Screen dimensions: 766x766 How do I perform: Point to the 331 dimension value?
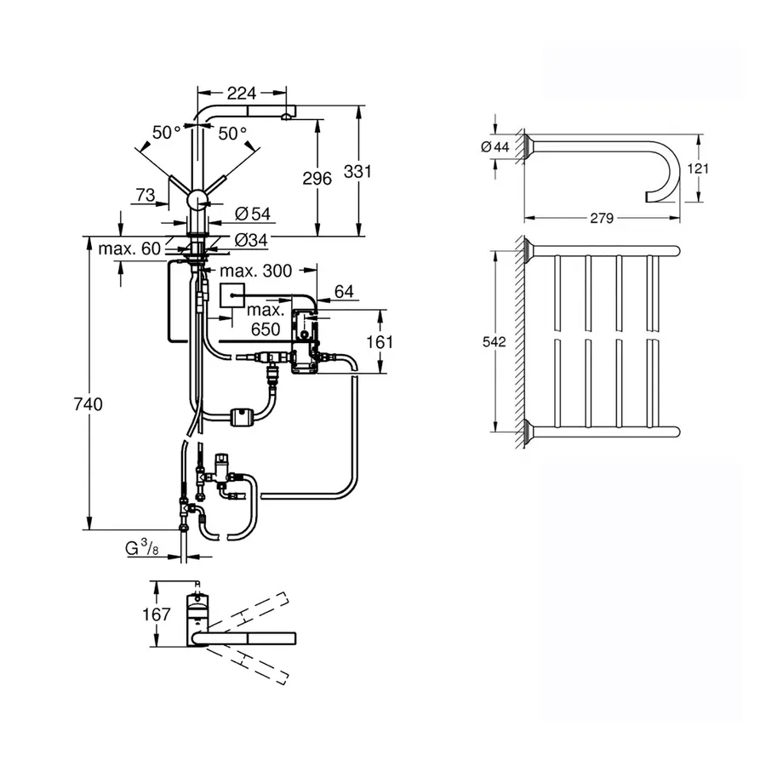357,171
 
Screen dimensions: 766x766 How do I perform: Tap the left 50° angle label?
167,133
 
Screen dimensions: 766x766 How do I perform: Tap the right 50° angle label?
232,133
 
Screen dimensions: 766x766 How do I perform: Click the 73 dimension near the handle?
145,196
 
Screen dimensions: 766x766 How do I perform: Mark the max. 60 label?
129,249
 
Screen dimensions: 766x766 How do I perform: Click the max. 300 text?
255,272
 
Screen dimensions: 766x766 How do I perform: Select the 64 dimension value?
344,292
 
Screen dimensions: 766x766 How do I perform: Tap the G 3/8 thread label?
142,549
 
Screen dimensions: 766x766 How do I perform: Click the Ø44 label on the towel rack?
494,147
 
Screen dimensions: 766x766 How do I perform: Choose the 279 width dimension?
602,218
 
